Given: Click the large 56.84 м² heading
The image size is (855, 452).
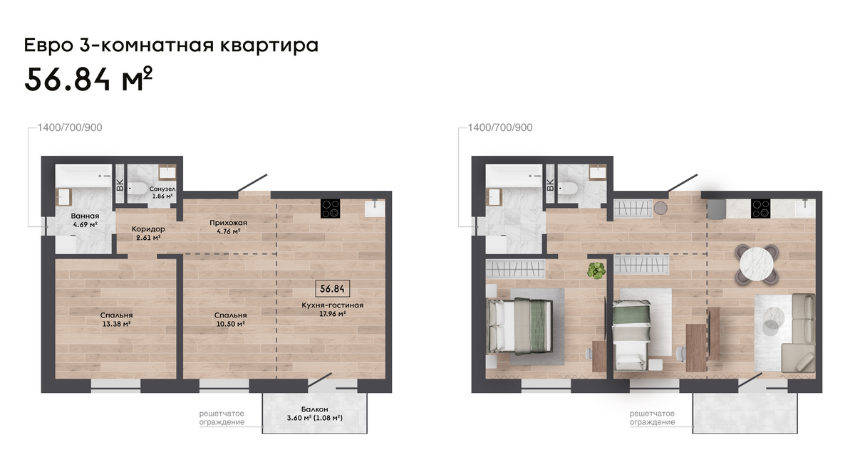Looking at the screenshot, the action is (x=88, y=79).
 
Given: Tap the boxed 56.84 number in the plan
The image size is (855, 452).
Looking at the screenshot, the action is (x=332, y=289).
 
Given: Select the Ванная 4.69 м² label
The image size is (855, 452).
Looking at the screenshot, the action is (x=85, y=221).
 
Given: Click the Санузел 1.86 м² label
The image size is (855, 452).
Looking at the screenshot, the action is (x=162, y=193).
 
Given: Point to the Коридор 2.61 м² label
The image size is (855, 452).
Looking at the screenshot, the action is (x=148, y=233).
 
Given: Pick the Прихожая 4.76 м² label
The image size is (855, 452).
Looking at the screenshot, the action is (x=228, y=226).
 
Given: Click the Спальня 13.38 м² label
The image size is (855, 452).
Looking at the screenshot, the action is (x=116, y=320).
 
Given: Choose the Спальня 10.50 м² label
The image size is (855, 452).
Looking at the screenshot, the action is (x=230, y=320).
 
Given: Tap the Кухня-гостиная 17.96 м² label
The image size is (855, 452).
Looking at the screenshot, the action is (x=333, y=310).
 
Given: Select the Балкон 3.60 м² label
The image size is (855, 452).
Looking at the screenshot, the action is (x=314, y=414).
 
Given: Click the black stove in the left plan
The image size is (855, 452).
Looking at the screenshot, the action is (x=330, y=209).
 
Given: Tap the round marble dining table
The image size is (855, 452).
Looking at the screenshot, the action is (x=757, y=264).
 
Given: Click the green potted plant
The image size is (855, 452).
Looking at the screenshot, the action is (x=596, y=270).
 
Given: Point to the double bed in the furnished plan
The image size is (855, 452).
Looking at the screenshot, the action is (x=521, y=327).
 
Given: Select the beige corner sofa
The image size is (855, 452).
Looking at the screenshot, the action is (x=799, y=332).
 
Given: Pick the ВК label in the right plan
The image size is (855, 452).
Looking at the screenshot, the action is (x=550, y=185).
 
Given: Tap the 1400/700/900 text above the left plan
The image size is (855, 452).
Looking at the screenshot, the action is (x=70, y=127).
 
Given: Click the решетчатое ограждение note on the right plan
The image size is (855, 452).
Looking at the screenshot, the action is (x=653, y=418).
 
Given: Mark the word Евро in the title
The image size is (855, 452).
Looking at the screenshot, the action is (x=48, y=46).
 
